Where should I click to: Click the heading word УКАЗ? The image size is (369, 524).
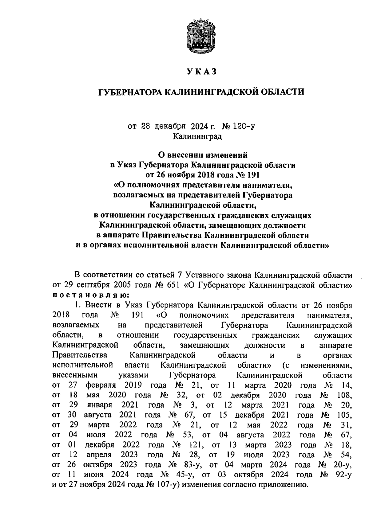[x=202, y=72]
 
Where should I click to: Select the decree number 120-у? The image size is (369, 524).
[x=244, y=126]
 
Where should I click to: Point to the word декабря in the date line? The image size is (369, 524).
[x=170, y=126]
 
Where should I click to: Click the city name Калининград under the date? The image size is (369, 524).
[x=197, y=136]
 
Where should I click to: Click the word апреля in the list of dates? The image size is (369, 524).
[x=99, y=455]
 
